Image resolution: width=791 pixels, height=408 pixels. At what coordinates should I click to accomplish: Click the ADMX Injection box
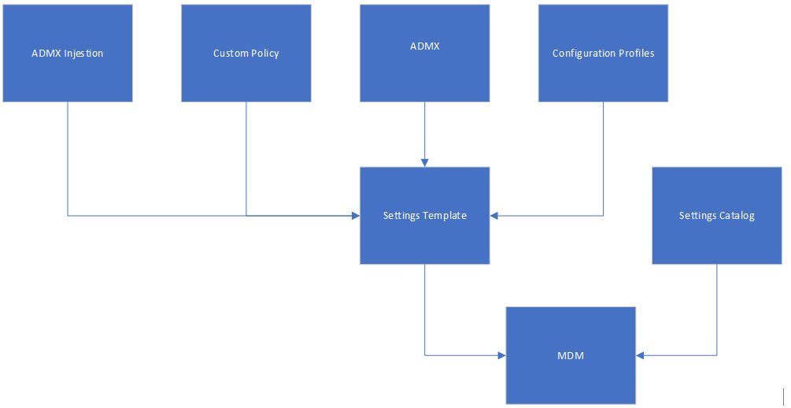click(68, 53)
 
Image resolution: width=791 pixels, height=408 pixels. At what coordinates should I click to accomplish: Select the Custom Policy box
click(246, 53)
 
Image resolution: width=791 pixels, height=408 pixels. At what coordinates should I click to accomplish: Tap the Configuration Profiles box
click(603, 53)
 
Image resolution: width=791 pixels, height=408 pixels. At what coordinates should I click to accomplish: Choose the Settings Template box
click(424, 215)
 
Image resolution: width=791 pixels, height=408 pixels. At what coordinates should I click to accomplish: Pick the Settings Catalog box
click(716, 215)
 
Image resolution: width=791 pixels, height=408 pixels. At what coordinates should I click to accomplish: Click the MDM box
click(570, 355)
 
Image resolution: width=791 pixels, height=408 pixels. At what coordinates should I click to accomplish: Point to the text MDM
click(570, 356)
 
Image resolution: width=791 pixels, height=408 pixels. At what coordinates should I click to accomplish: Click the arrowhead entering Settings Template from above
click(424, 162)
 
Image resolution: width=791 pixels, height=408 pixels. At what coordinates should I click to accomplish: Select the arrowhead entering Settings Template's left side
click(355, 215)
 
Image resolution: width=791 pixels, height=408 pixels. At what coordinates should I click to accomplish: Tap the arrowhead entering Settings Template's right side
click(494, 215)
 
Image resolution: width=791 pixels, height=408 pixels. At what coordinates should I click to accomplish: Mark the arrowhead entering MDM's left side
click(501, 355)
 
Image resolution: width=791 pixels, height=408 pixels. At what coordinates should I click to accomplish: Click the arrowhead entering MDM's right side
click(640, 355)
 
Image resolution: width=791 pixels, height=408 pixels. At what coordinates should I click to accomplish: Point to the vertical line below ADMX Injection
click(68, 158)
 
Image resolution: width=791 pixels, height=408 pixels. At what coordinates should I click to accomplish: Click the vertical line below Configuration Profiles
click(603, 158)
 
